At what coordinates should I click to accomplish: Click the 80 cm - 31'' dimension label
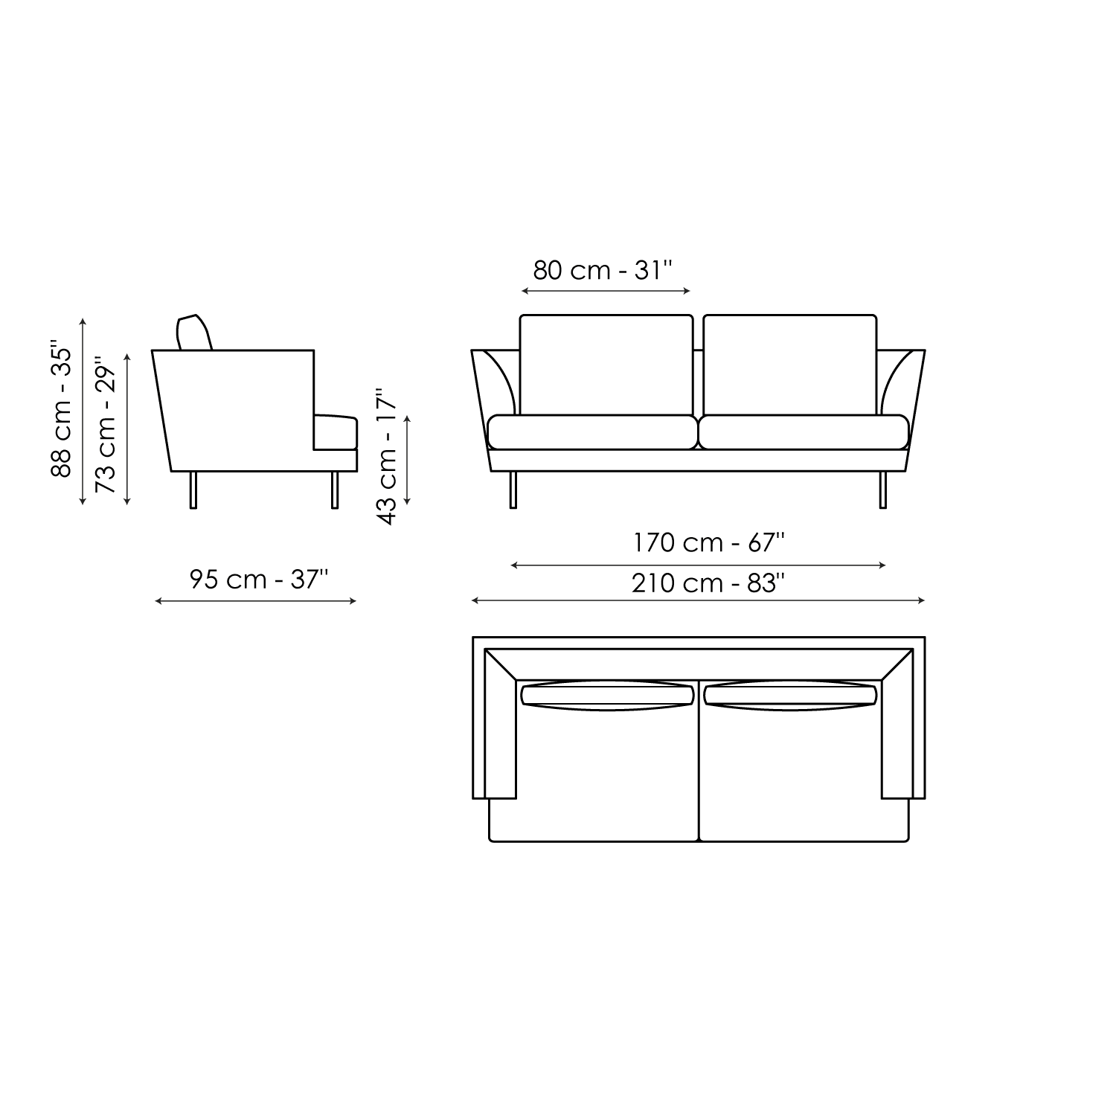coord(603,270)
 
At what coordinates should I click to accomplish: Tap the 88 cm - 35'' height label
coord(61,409)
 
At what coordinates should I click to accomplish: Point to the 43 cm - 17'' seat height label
coord(387,456)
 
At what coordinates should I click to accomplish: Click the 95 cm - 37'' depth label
coord(258,579)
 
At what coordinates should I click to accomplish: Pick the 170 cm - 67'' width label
coord(709,543)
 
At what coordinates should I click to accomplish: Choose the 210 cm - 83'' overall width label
coord(709,583)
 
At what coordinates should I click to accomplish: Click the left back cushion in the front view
coord(606,365)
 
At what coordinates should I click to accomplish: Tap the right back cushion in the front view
coord(789,365)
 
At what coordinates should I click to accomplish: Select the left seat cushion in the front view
coord(592,432)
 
